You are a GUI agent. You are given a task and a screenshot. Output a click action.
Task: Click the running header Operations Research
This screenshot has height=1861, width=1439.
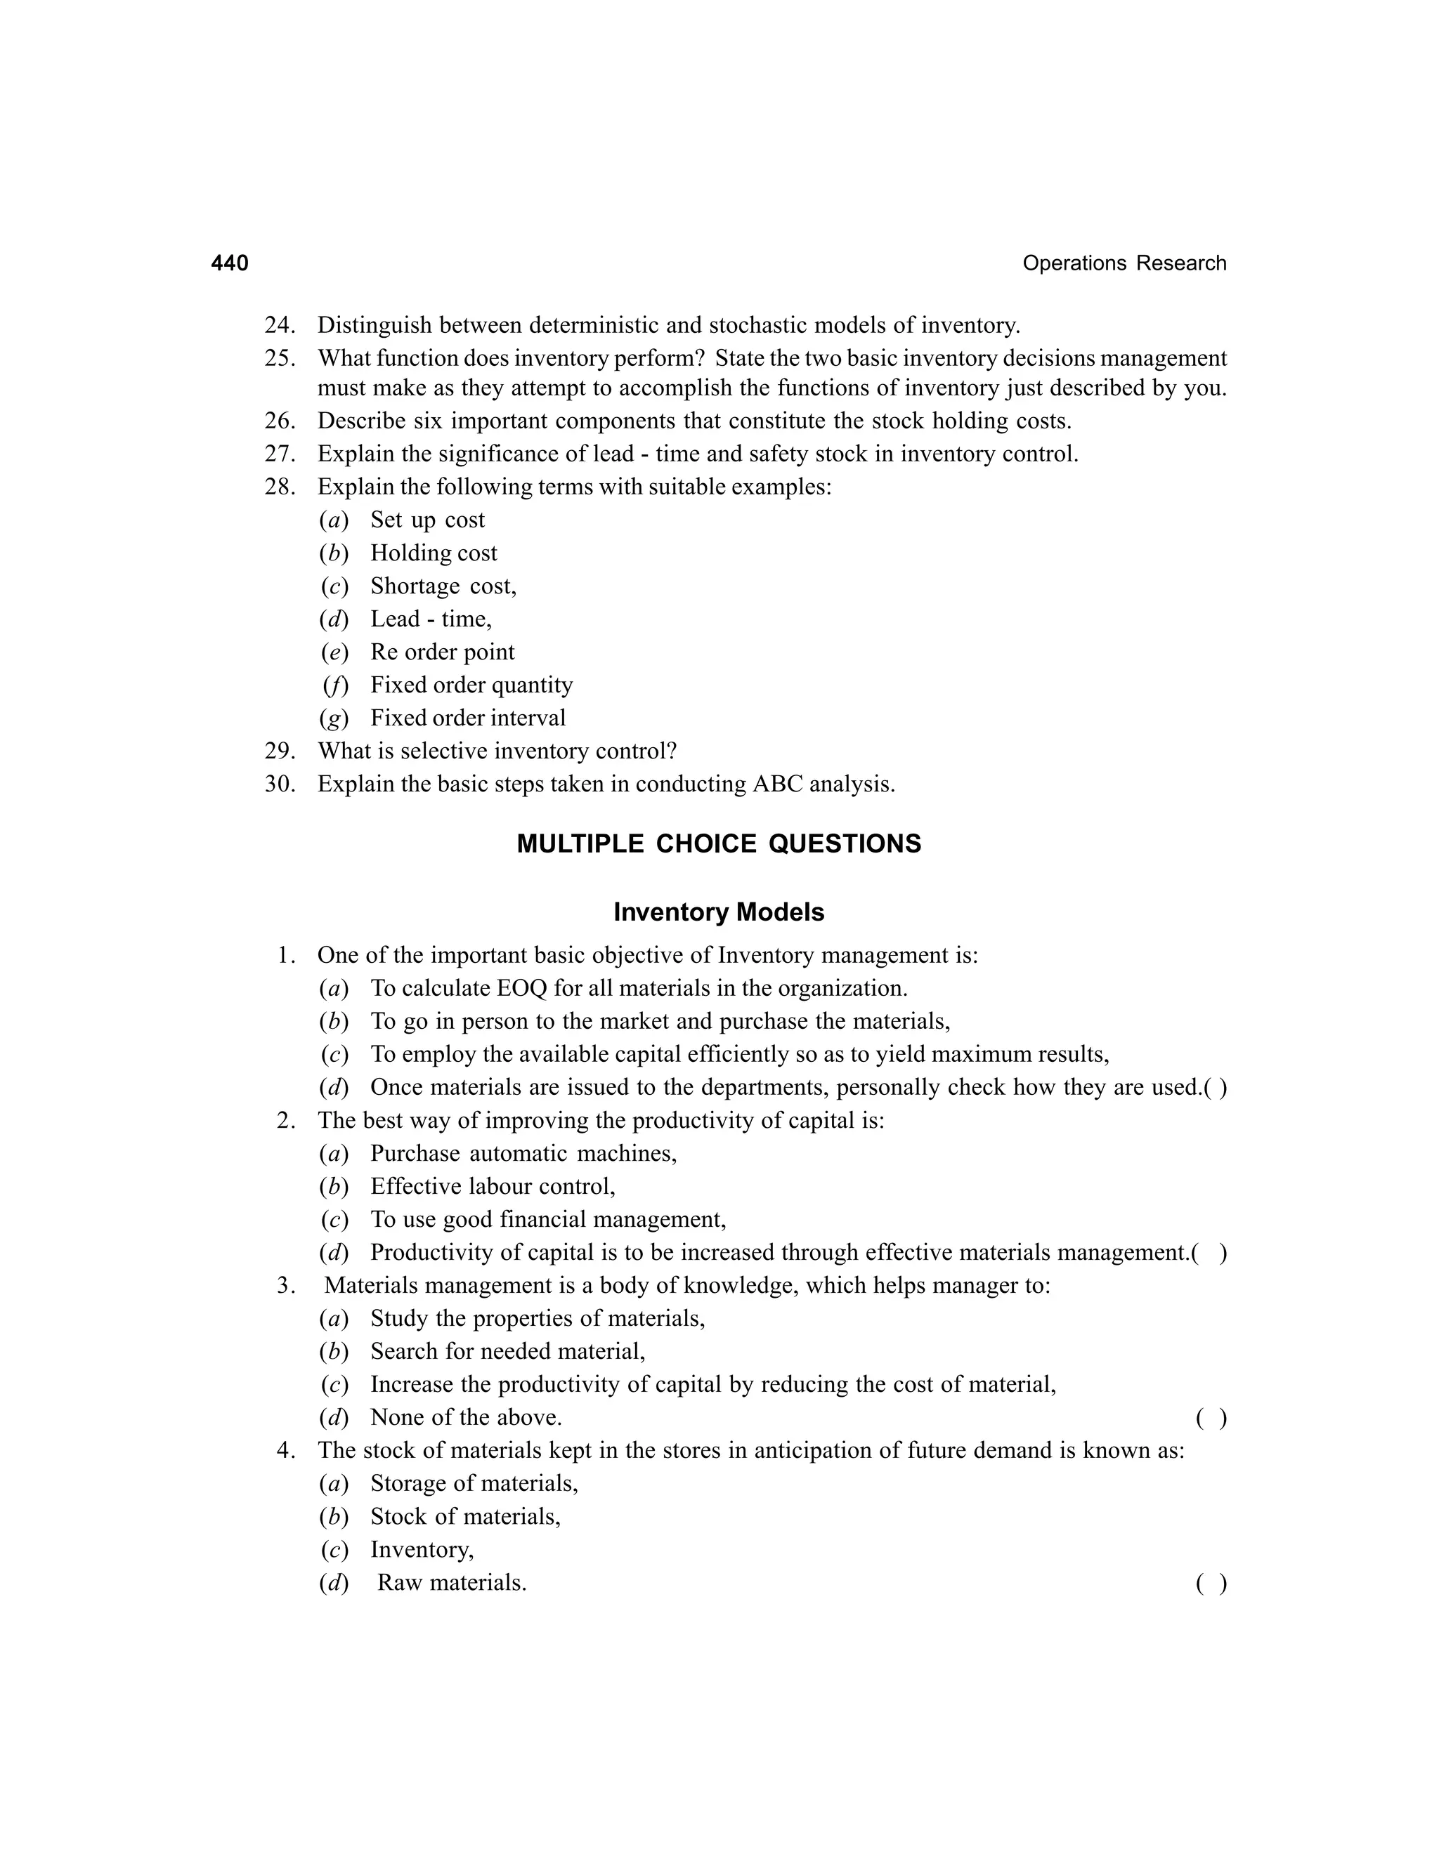(1124, 263)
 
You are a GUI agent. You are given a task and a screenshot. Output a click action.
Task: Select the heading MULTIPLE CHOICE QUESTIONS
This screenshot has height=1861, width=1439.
(719, 843)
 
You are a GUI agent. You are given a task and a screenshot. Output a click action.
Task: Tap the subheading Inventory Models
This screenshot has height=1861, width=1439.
(719, 913)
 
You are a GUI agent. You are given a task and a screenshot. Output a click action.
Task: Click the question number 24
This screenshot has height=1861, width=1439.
(280, 326)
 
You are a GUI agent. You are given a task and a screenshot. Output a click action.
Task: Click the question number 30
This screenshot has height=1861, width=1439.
(280, 784)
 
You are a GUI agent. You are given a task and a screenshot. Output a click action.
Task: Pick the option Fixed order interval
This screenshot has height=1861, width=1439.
(467, 718)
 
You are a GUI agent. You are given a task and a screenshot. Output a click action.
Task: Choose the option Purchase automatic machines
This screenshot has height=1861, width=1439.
(523, 1154)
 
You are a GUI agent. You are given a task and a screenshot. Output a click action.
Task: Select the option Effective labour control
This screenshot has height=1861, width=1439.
(492, 1187)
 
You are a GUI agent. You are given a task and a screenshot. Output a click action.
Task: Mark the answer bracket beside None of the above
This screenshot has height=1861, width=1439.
(1211, 1418)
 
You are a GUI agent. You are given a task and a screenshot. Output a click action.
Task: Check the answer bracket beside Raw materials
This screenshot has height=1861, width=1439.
(1211, 1583)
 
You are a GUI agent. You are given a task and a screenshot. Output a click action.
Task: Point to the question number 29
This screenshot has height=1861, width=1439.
(280, 751)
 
